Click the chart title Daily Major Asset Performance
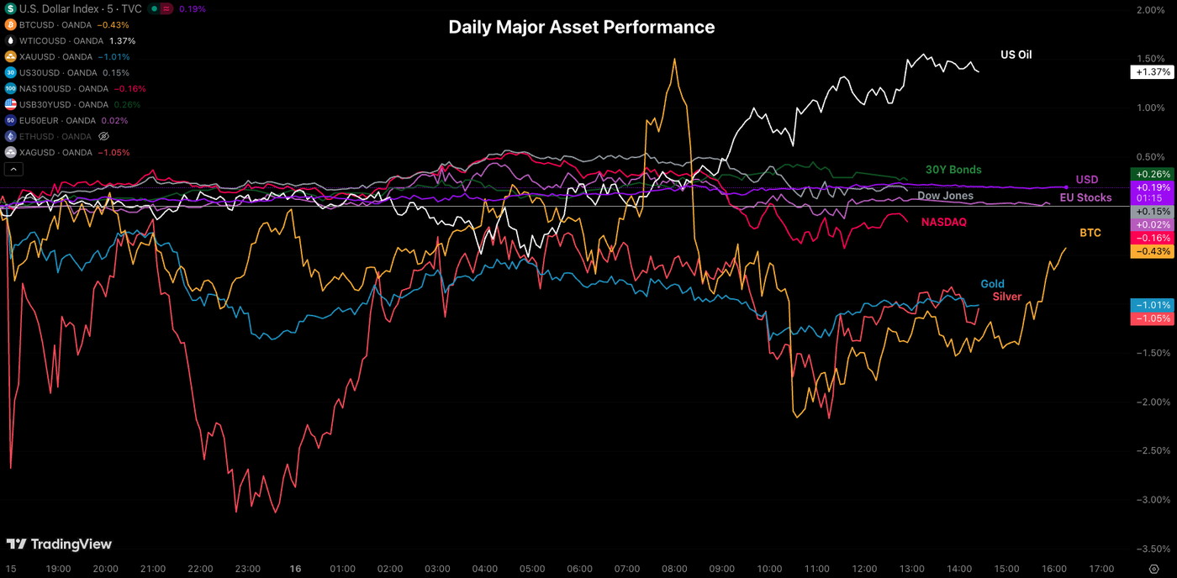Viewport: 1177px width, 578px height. [x=581, y=27]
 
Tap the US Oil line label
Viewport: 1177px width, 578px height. [x=1016, y=55]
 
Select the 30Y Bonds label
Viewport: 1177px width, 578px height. [x=953, y=170]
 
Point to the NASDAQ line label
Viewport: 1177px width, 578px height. [x=943, y=223]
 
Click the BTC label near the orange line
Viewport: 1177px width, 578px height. [x=1090, y=233]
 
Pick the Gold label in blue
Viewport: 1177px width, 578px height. [x=992, y=284]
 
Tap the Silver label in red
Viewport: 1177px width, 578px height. [x=1007, y=297]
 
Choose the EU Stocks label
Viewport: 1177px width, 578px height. [x=1085, y=197]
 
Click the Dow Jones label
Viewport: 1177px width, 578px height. [x=945, y=196]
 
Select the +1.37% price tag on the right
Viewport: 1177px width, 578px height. [x=1151, y=72]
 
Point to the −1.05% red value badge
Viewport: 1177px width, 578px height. [x=1151, y=319]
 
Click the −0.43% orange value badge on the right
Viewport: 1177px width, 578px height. [x=1151, y=251]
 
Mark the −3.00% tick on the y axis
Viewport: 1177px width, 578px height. [x=1151, y=500]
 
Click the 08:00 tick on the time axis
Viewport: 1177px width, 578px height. [x=675, y=569]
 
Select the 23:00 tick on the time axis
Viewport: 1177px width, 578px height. [x=248, y=569]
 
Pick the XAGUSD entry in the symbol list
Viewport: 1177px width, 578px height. [x=55, y=152]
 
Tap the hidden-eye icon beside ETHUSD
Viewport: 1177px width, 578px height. [x=104, y=136]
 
